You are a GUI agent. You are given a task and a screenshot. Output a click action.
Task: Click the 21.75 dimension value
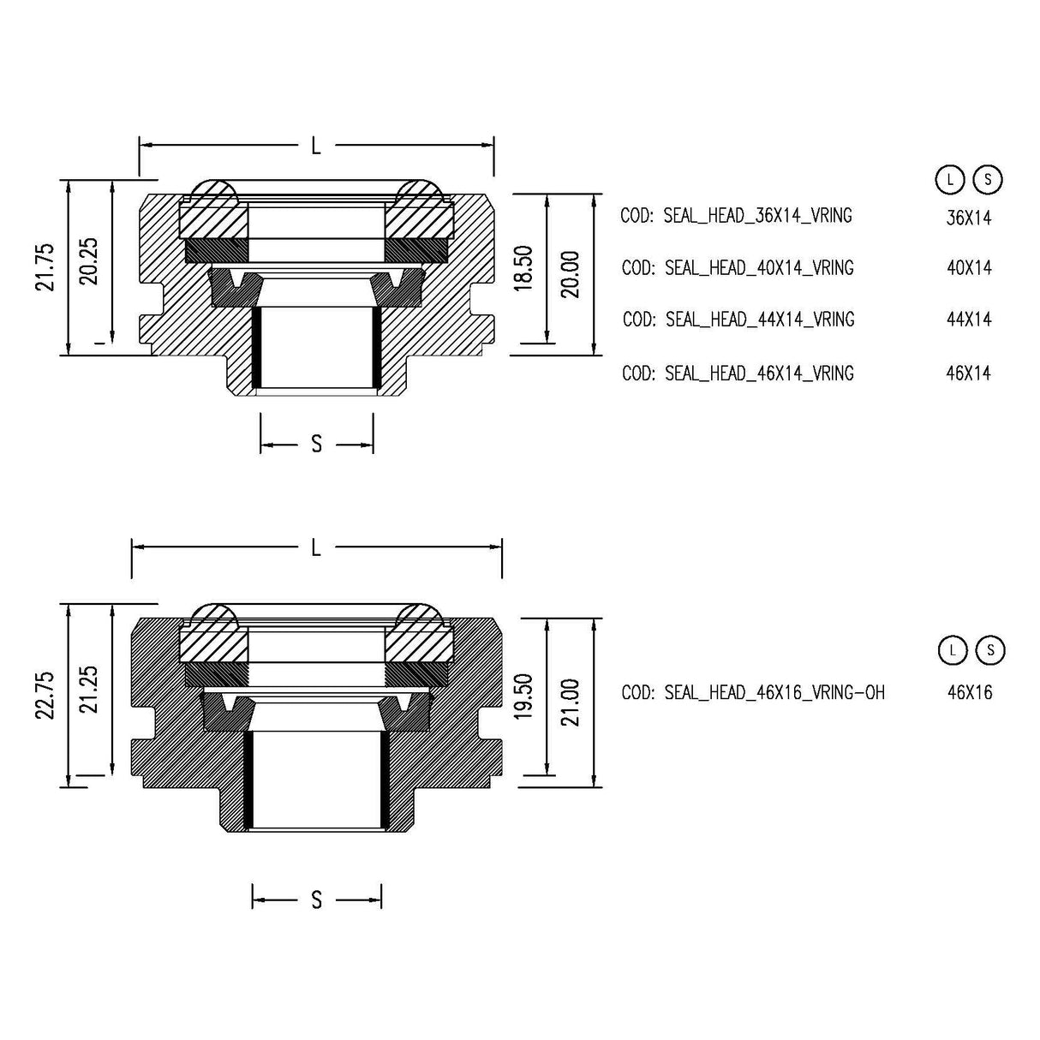tap(45, 267)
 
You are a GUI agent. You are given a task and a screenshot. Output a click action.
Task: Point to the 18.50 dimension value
tap(525, 268)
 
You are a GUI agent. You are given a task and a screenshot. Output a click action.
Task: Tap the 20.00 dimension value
tap(571, 274)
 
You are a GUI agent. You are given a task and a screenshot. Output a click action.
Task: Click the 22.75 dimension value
tap(45, 694)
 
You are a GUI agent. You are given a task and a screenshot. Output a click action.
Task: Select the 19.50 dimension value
tap(525, 696)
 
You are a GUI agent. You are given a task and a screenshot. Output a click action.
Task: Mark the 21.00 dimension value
tap(571, 702)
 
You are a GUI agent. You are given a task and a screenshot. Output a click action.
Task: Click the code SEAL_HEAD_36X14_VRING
tap(736, 216)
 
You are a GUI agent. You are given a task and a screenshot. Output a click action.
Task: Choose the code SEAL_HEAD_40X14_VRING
tap(738, 268)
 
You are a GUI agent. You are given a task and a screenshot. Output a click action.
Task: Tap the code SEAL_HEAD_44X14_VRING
tap(738, 320)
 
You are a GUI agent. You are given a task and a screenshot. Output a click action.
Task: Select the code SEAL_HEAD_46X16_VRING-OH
tap(753, 692)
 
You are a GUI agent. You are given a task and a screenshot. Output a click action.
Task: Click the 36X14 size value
tap(969, 218)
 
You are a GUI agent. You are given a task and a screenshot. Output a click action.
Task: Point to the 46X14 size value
tap(969, 374)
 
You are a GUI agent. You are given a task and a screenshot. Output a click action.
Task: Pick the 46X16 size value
tap(970, 692)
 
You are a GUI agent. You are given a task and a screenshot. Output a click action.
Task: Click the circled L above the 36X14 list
tap(948, 180)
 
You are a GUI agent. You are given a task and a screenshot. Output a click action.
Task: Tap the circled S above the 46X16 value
tap(990, 650)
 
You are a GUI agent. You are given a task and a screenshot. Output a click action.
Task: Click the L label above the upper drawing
tap(316, 146)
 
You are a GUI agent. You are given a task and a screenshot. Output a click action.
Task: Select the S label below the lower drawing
tap(317, 900)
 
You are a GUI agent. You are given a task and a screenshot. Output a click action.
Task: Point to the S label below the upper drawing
tap(317, 444)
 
